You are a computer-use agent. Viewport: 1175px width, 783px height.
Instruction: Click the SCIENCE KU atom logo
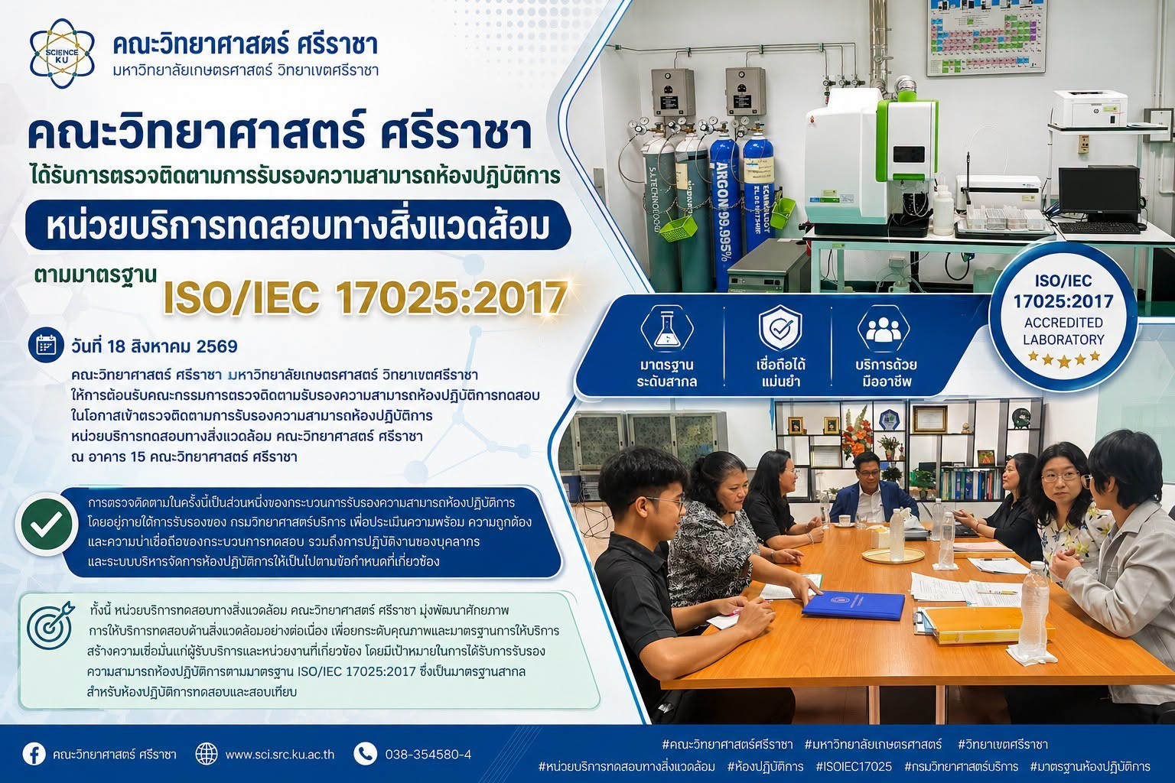tap(63, 54)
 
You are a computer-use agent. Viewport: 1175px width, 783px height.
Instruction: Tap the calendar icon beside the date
tap(46, 346)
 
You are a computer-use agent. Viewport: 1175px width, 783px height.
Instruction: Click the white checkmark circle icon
tap(47, 523)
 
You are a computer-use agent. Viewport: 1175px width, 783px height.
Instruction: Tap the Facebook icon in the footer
tap(34, 754)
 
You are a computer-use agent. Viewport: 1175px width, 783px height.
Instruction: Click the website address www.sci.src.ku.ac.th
tap(279, 754)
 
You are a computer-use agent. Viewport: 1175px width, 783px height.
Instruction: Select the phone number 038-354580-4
tap(428, 754)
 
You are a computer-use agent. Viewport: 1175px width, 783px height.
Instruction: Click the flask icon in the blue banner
tap(667, 329)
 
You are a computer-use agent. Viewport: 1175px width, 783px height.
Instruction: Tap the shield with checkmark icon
tap(780, 329)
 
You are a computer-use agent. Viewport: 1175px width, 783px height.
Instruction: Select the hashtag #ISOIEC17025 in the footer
tap(854, 766)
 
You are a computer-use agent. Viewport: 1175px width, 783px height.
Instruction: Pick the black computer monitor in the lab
tap(1099, 194)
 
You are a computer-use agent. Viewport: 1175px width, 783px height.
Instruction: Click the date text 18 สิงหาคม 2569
tap(172, 346)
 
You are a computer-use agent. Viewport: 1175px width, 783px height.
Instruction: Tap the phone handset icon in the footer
tap(365, 754)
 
